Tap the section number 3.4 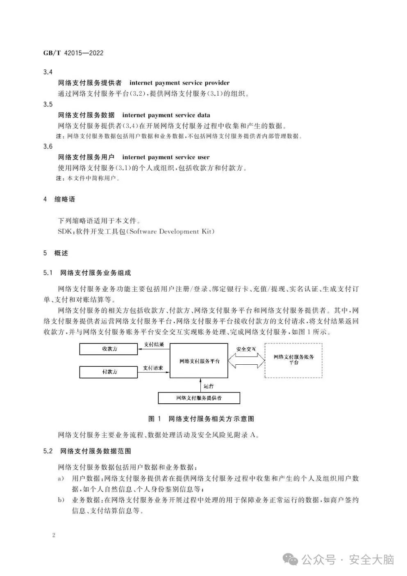tap(48, 72)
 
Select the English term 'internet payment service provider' tap(180, 83)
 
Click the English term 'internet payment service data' tap(166, 115)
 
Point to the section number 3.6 tap(48, 146)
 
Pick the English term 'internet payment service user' tap(166, 157)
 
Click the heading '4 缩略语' tap(59, 199)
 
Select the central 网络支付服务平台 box tap(199, 361)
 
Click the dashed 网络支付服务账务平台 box tap(293, 360)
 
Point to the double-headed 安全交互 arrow tap(246, 360)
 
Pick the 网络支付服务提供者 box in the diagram tap(199, 398)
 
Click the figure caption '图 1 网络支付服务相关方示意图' tap(201, 419)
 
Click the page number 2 tap(54, 535)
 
